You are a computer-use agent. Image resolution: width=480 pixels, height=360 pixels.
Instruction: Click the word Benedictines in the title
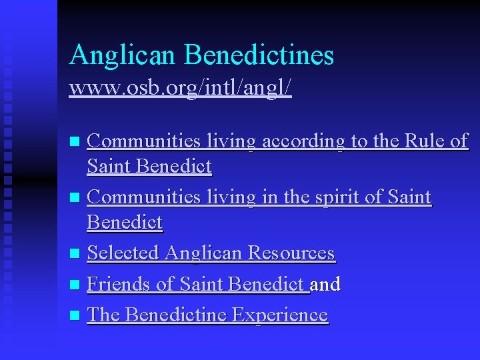coord(259,55)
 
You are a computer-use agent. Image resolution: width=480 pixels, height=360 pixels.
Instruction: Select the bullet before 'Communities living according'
coord(75,141)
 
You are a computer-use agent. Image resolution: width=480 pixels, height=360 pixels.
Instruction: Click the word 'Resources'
coord(291,253)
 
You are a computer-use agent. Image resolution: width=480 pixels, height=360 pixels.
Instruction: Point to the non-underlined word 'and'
coord(326,284)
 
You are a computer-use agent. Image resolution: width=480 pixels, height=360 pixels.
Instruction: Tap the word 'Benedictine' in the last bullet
coord(177,315)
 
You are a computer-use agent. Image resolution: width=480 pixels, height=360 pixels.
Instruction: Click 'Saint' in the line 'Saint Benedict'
coord(109,166)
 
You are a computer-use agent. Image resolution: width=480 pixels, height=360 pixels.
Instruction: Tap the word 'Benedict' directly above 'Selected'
coord(125,222)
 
